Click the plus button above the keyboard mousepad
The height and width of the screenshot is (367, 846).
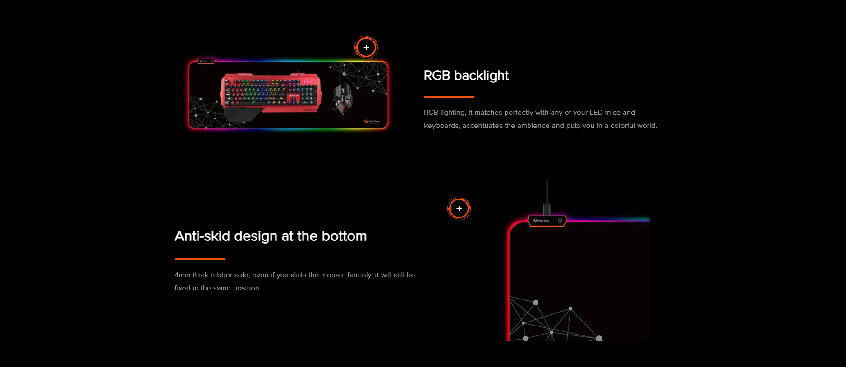[x=366, y=47]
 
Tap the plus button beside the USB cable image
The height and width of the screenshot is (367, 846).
[x=459, y=208]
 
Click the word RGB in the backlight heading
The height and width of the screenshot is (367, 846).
[x=437, y=76]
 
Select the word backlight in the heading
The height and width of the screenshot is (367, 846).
[x=482, y=76]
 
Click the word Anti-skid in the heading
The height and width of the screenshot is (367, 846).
[x=202, y=236]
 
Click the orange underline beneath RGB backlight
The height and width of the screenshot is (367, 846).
[x=449, y=97]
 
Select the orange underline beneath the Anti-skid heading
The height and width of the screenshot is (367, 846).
[x=200, y=259]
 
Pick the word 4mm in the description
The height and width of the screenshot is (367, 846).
[x=183, y=275]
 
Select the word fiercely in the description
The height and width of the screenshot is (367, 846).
[x=360, y=275]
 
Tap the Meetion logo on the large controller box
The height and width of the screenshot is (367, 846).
[x=541, y=221]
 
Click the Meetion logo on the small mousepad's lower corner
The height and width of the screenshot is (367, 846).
[x=372, y=122]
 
